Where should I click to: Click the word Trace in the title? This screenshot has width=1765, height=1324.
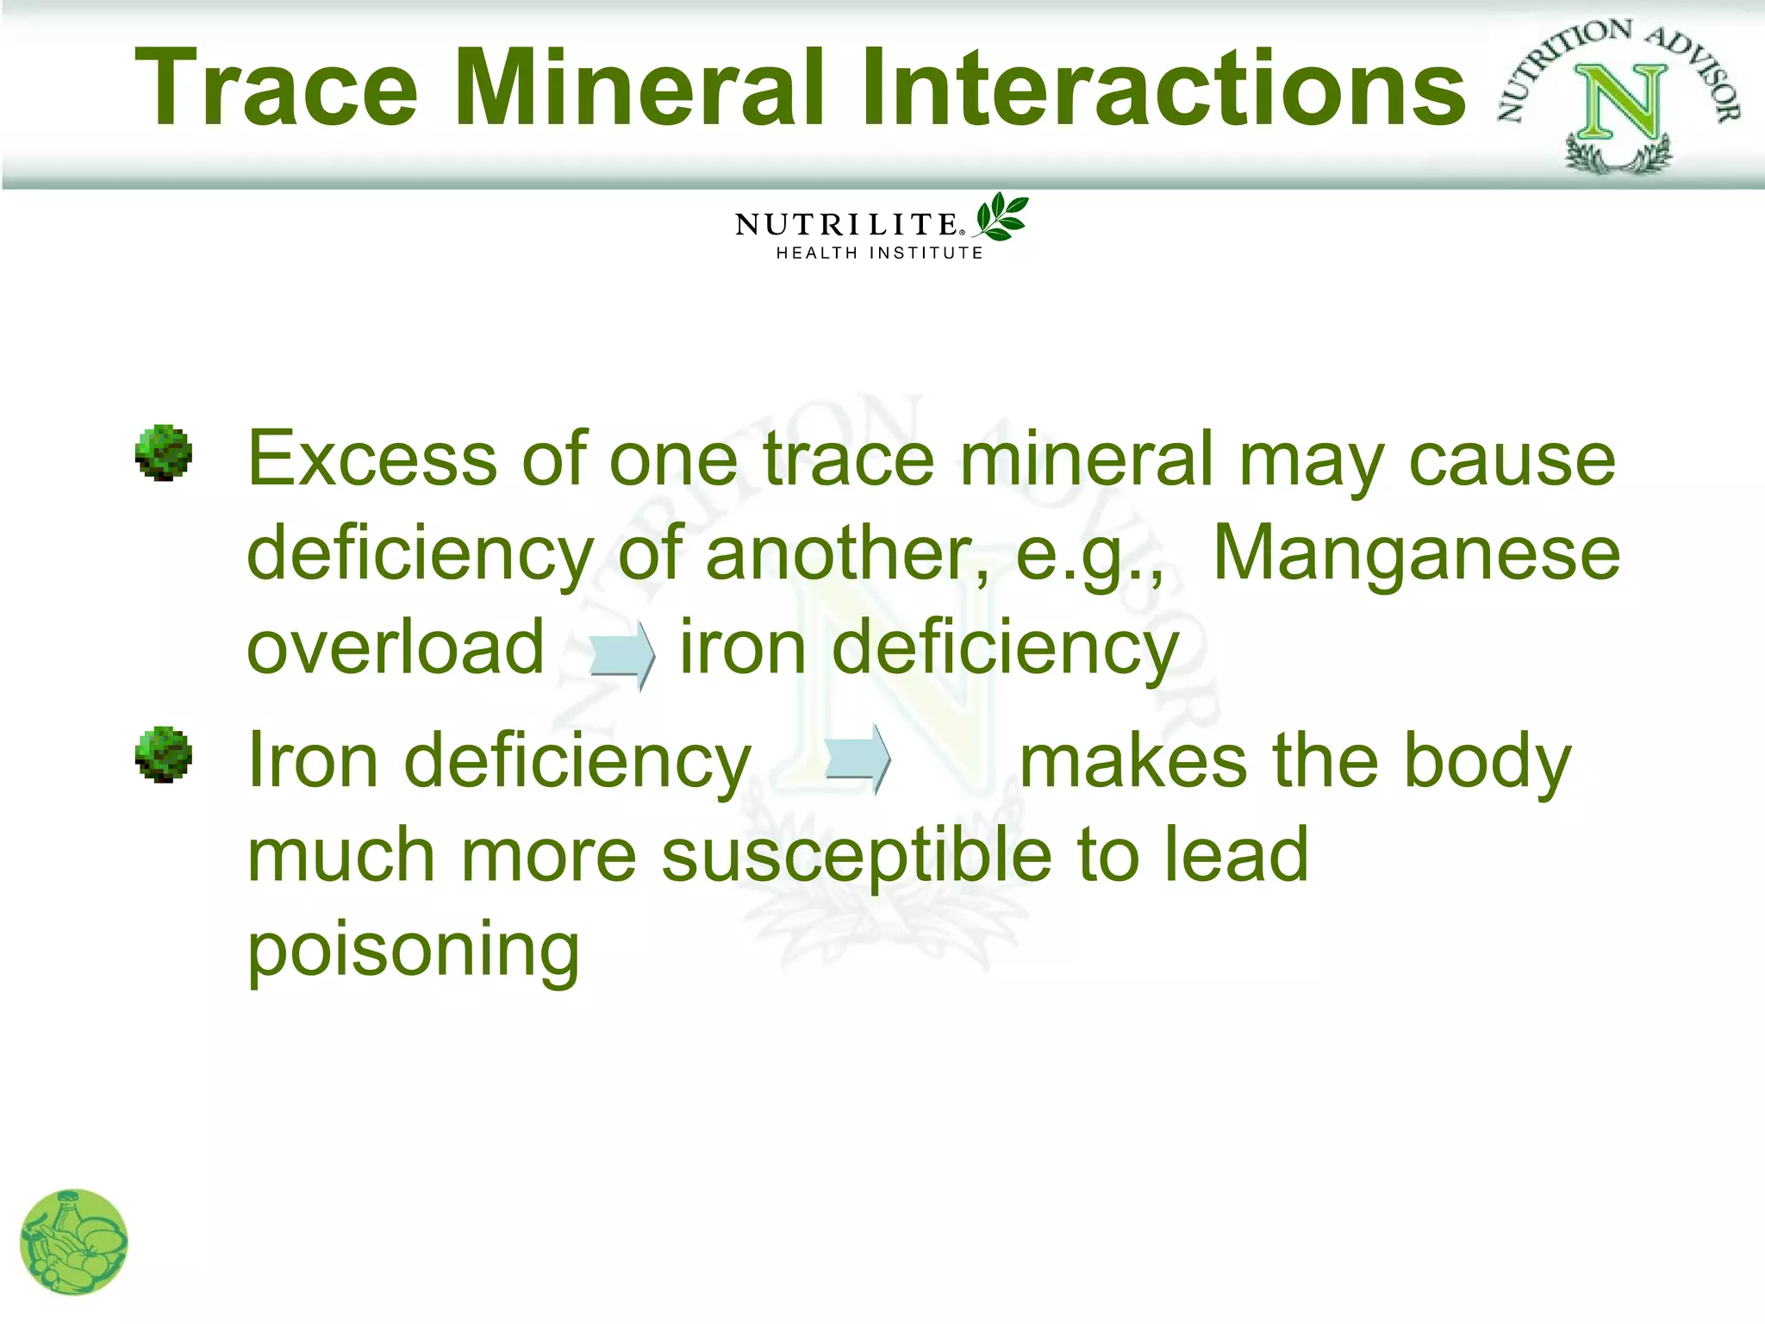coord(276,88)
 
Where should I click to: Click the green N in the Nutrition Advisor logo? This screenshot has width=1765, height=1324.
coord(1620,103)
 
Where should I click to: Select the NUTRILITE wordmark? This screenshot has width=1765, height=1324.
coord(848,225)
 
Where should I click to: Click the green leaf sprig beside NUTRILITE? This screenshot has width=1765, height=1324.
coord(1001,216)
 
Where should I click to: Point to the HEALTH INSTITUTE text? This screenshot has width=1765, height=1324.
coord(879,253)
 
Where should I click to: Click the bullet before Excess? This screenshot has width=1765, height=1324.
coord(163,453)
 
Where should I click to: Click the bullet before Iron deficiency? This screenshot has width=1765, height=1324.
coord(163,755)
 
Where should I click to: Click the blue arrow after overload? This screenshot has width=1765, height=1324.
coord(621,654)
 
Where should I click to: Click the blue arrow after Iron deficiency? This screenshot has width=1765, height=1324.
coord(858,759)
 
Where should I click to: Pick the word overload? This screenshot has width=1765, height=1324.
coord(396,647)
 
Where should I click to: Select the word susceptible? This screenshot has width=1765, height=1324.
coord(857,856)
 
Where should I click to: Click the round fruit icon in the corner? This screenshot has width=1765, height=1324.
coord(74,1242)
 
